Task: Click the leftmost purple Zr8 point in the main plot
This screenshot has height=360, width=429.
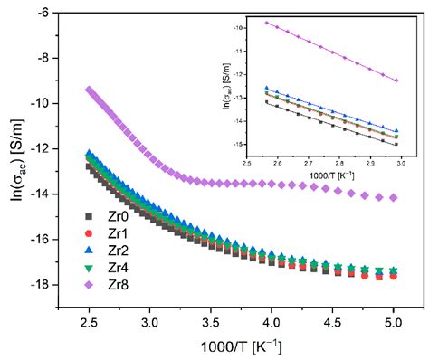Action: (x=89, y=90)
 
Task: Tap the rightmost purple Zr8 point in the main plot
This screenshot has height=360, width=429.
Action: (x=393, y=197)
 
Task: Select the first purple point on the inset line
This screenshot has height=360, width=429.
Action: (x=266, y=22)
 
